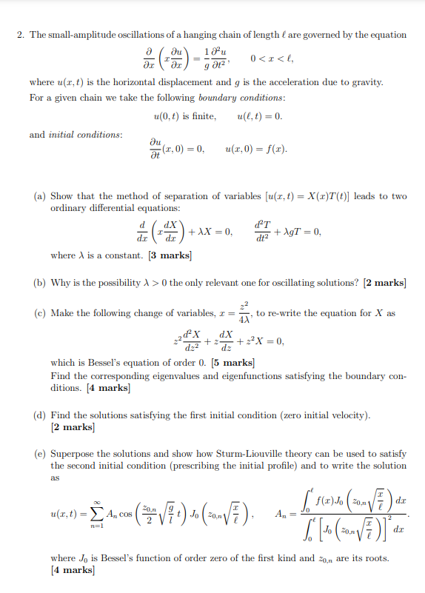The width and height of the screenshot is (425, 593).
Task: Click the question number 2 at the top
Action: [x=19, y=35]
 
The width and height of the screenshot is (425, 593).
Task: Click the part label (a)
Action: [x=41, y=196]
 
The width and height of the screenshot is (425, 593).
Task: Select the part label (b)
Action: [x=41, y=283]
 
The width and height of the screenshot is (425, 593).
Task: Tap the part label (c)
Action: [x=41, y=313]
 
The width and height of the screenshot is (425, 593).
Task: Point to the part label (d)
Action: [x=41, y=415]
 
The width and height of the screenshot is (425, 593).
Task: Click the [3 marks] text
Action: [x=170, y=255]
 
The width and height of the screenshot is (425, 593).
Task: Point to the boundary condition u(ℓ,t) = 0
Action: [x=259, y=116]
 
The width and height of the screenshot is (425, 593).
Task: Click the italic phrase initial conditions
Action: [x=85, y=134]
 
